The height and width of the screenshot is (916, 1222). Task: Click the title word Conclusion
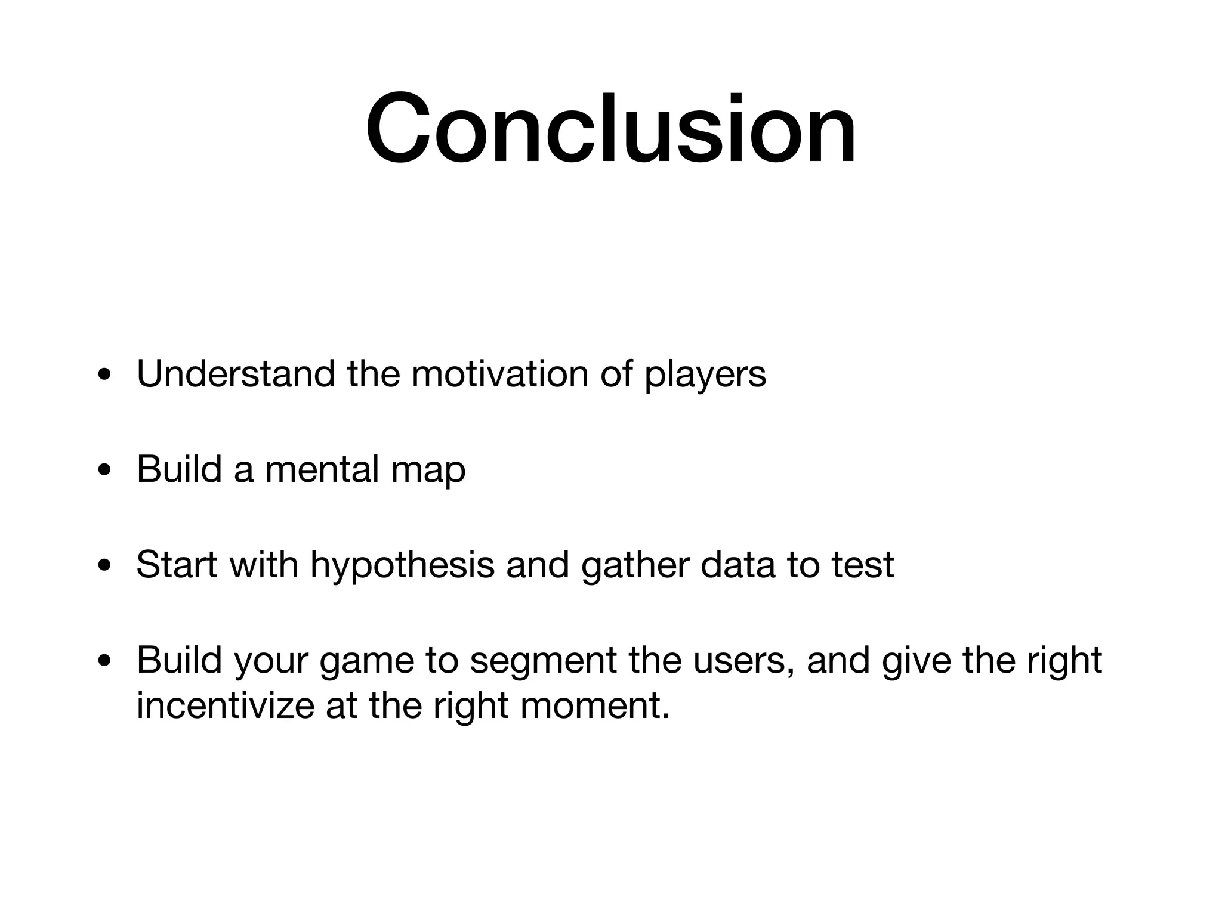pyautogui.click(x=611, y=128)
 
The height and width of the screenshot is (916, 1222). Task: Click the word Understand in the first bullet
pyautogui.click(x=236, y=375)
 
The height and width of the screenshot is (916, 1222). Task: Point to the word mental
pyautogui.click(x=322, y=469)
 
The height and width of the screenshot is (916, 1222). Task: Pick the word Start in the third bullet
pyautogui.click(x=177, y=564)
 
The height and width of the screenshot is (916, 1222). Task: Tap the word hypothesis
pyautogui.click(x=402, y=565)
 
